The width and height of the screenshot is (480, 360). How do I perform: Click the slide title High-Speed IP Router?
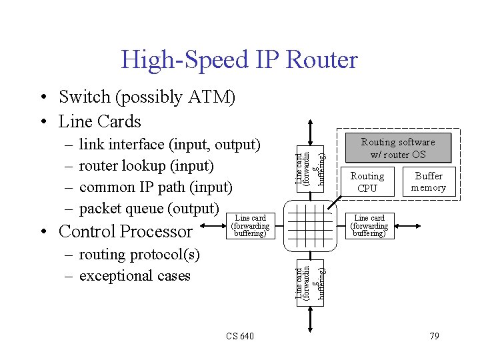click(x=239, y=60)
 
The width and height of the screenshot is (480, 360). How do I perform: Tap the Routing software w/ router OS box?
click(x=398, y=148)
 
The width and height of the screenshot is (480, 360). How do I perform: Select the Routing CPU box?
click(x=367, y=182)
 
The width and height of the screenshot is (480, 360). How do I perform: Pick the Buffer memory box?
click(x=428, y=182)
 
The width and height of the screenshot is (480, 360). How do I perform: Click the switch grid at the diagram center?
click(x=308, y=225)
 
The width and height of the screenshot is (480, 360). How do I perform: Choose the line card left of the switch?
click(x=251, y=225)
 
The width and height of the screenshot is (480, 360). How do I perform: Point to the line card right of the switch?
click(x=369, y=225)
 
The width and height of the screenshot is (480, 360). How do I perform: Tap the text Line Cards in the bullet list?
click(x=100, y=121)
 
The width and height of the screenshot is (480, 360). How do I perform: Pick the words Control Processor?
click(x=125, y=231)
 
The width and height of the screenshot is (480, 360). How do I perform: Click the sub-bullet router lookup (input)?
click(x=146, y=165)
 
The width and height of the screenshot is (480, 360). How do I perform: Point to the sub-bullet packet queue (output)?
click(x=149, y=209)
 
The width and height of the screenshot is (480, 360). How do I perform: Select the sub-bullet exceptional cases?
click(x=135, y=276)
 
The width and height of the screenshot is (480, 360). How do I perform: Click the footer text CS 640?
click(x=239, y=336)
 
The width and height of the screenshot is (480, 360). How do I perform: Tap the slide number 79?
click(x=434, y=336)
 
